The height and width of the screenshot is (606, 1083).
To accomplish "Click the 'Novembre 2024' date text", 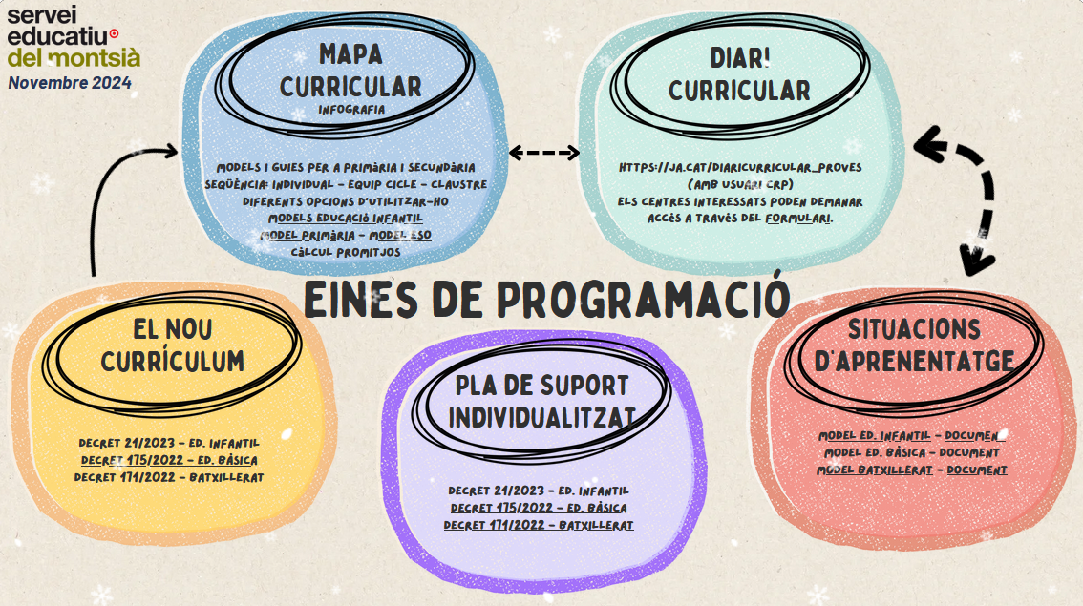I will click(x=70, y=83).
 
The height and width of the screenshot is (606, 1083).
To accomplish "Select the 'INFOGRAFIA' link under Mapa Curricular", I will click(x=351, y=110).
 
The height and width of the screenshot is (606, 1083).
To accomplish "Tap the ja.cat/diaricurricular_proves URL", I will click(x=740, y=167).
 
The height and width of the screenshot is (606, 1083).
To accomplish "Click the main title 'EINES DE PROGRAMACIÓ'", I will click(x=546, y=299).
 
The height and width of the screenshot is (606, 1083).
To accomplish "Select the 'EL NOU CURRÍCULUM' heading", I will click(x=173, y=345).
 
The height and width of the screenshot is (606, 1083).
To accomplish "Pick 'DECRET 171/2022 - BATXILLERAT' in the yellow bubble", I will click(x=168, y=476).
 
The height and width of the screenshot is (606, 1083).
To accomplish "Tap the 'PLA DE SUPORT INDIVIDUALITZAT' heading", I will click(x=541, y=402).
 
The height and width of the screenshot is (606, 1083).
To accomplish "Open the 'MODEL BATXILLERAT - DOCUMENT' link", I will click(x=912, y=470).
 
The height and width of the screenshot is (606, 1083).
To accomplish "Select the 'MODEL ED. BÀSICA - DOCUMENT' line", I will click(x=912, y=452).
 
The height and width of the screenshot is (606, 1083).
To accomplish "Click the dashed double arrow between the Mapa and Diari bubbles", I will click(x=544, y=153).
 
